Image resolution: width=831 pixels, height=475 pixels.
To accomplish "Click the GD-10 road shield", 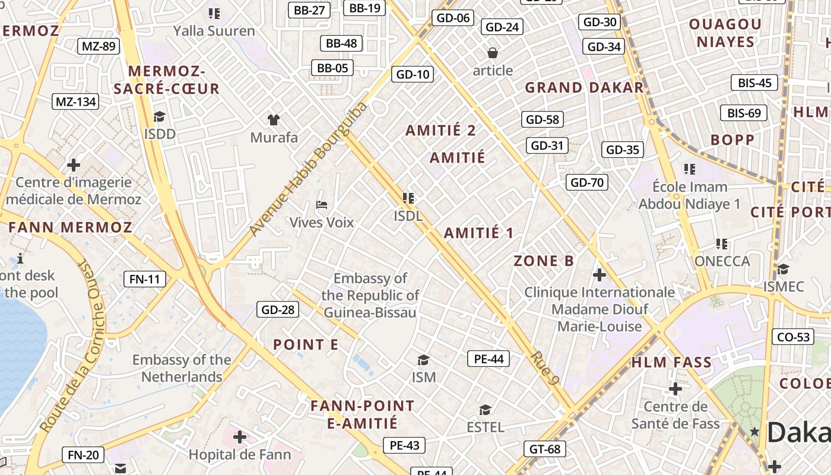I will pos(413,74).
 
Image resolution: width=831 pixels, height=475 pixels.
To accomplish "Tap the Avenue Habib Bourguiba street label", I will pos(308,169).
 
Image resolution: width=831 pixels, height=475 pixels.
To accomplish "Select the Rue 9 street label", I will pos(545,369).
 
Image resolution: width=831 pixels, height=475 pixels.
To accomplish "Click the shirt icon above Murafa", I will pos(273,120).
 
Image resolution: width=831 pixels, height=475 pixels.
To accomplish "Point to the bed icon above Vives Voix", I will pos(322,205).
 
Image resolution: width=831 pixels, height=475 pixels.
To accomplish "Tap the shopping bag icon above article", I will pos(492,53).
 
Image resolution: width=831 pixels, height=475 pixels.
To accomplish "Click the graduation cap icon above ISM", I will pos(423,360).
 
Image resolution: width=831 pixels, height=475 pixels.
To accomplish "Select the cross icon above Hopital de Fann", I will pos(240,438).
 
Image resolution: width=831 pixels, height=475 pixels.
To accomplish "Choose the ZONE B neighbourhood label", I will pos(544,261).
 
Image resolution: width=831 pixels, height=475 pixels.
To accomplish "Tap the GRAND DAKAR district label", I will pos(584,87).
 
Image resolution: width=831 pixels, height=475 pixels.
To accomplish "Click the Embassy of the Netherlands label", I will pos(182,368).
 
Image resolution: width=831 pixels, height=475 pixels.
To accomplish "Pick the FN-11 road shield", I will pos(145,279).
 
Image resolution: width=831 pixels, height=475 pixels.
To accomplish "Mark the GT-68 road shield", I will pos(545,449).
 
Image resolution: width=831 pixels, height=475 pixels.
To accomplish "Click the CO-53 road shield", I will pos(794,337).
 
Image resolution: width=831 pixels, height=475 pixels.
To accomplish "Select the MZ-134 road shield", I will pos(75,102).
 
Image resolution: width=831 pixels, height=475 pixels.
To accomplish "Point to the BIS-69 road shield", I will pos(744,113).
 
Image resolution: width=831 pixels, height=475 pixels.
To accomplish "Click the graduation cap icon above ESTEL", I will pos(485,410).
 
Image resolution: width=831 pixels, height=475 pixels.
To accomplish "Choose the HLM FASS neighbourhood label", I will pos(671,362).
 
